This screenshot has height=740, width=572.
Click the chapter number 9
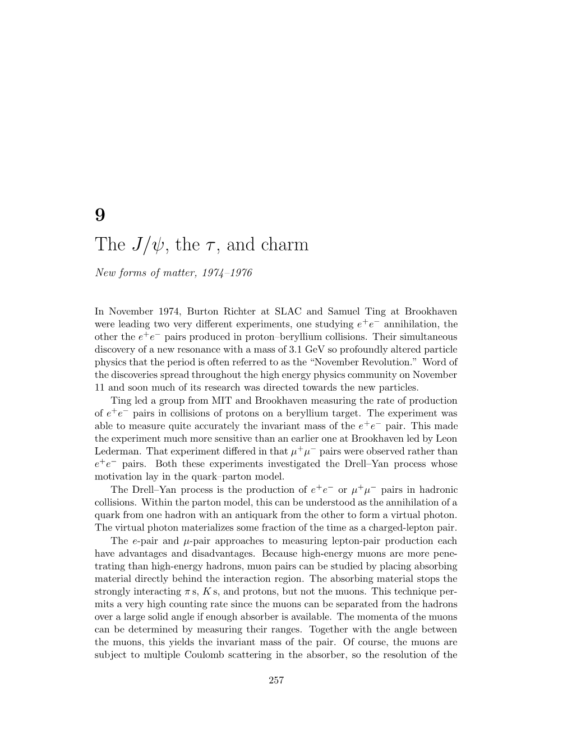tap(100, 216)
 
